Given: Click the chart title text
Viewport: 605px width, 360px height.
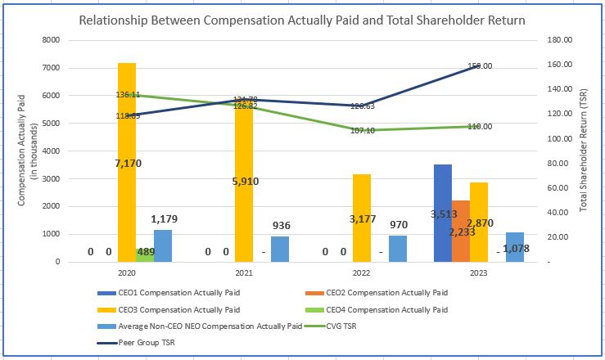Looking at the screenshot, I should coord(302,18).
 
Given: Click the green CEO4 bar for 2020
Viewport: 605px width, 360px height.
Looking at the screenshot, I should coord(145,254).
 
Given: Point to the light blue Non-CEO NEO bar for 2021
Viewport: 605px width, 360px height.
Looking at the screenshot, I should coord(281,249).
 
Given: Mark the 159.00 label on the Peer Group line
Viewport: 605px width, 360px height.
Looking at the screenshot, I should coord(480,66).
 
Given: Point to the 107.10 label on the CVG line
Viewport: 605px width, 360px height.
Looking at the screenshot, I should coord(362,131).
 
